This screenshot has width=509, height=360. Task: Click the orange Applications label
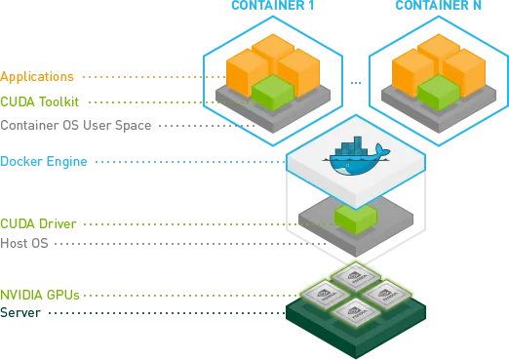24,76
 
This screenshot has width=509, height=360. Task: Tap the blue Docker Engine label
32,162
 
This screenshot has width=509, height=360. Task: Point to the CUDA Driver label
26,223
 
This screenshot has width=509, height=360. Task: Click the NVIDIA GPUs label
28,293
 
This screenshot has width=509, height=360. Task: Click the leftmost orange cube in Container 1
246,68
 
